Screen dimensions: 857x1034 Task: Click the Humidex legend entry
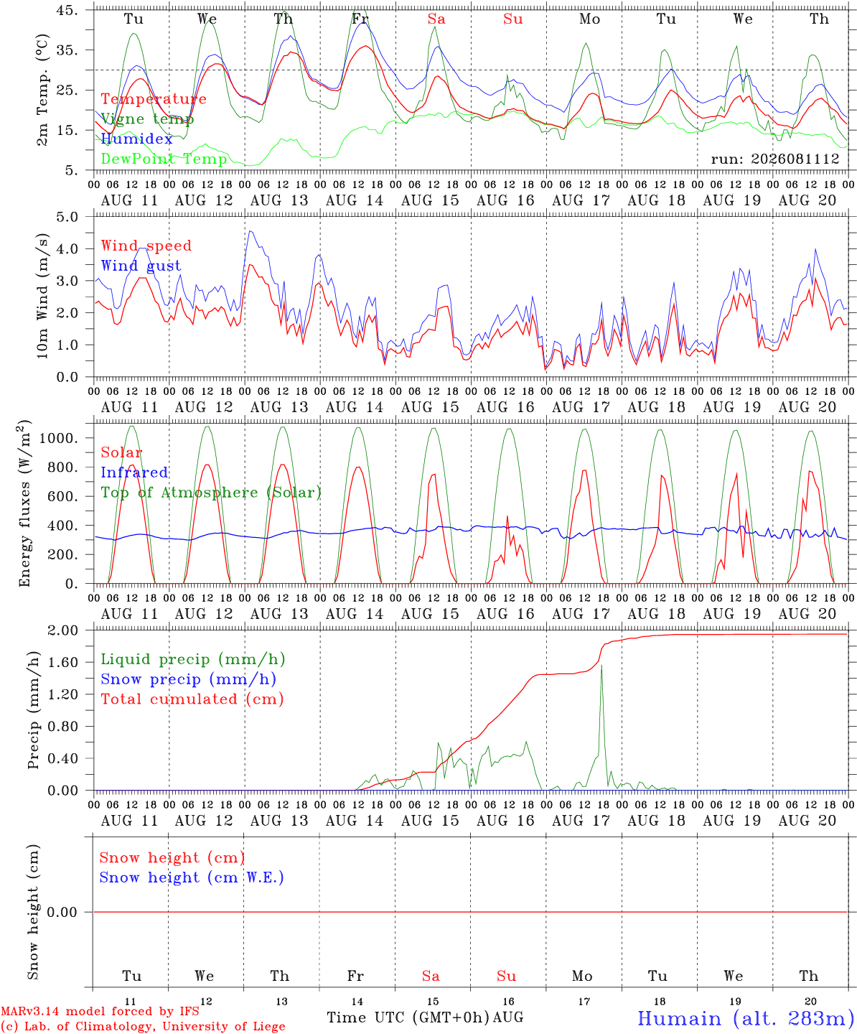tap(136, 139)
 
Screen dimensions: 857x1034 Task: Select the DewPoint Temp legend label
tap(164, 159)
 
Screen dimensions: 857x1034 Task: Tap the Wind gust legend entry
tap(141, 266)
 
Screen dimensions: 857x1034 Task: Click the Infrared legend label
tap(134, 472)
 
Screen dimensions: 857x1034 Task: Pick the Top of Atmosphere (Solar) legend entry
tap(212, 493)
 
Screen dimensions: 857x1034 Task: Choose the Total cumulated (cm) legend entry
tap(192, 699)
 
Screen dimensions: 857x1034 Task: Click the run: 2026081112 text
tap(774, 159)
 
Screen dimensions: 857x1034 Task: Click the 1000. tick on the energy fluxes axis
tap(59, 438)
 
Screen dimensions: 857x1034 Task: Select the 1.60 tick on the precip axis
tap(63, 662)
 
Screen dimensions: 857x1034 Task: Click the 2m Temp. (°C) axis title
tap(42, 90)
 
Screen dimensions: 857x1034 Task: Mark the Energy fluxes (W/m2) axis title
tap(24, 503)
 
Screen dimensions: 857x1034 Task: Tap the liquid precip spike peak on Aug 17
tap(601, 665)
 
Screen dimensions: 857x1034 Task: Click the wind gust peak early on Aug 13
tap(250, 231)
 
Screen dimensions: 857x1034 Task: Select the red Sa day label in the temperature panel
tap(436, 19)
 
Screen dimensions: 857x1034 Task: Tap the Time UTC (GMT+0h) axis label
tap(408, 1017)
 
